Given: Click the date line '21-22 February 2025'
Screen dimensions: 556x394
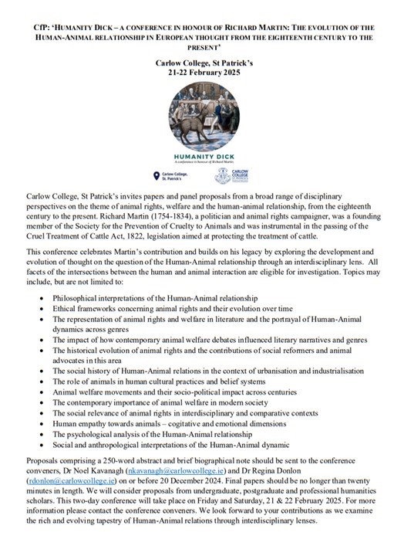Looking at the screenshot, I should pyautogui.click(x=197, y=73).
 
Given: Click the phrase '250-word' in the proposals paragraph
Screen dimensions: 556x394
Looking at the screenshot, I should pyautogui.click(x=116, y=469).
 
